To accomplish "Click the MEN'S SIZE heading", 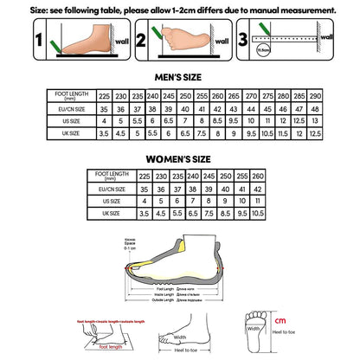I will pos(181,76).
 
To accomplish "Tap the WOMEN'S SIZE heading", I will pos(181,157).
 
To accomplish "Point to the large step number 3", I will pos(242,39).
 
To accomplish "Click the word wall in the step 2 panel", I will pos(221,40).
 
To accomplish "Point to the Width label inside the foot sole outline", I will pos(254,327).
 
